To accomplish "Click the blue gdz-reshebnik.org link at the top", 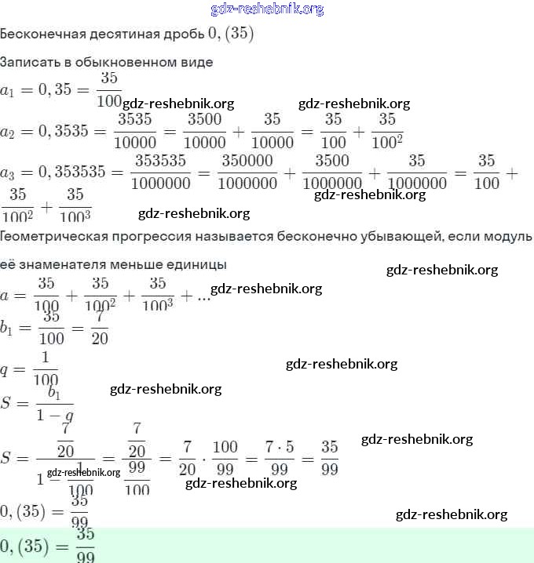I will [x=267, y=9].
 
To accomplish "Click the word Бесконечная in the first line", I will [x=38, y=35].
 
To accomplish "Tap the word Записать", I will [x=28, y=62].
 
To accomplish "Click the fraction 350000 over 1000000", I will [x=247, y=172].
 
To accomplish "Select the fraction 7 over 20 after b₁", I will [x=100, y=327].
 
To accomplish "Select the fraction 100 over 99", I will [x=225, y=458].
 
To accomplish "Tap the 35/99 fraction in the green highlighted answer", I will [x=86, y=546].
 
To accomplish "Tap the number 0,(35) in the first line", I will [x=231, y=35].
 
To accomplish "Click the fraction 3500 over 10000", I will [x=204, y=131].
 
